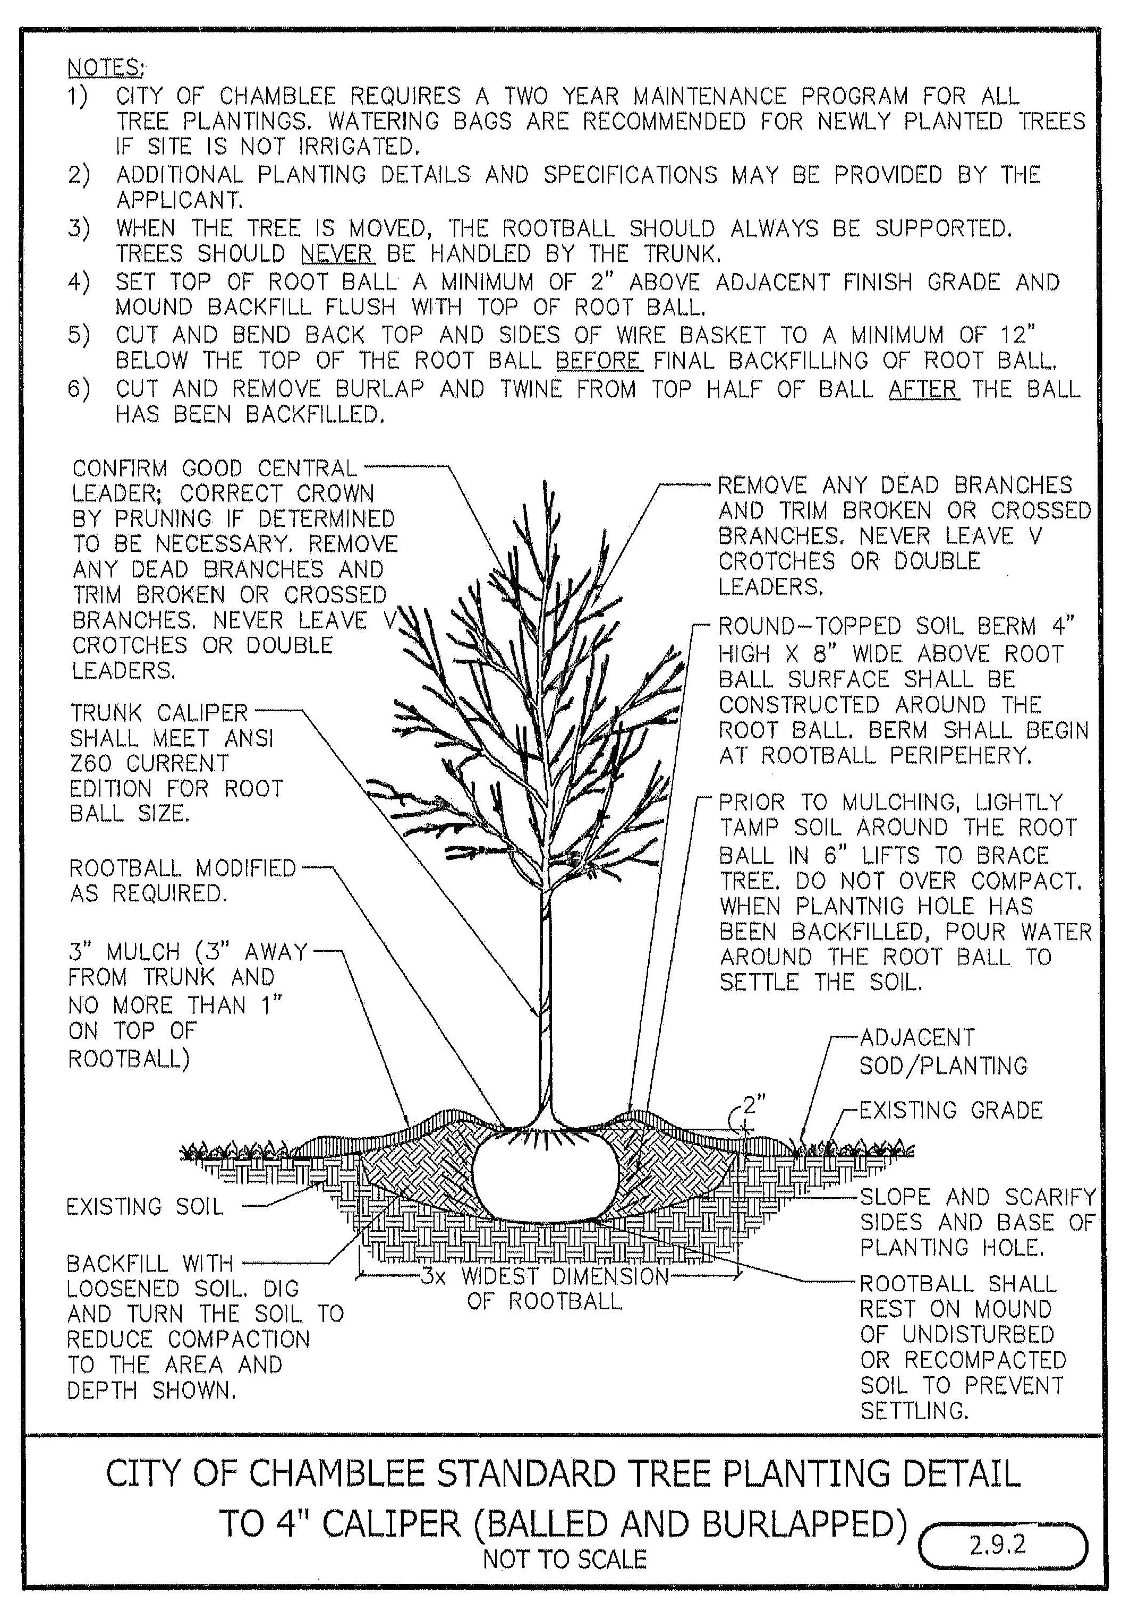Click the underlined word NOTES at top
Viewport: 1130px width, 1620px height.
coord(105,68)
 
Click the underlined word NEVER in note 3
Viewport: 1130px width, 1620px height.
coord(337,253)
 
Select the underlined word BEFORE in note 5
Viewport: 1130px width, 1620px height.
coord(599,361)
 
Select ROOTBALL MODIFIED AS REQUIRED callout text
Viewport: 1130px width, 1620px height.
coord(182,880)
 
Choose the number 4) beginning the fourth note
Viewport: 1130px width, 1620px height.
coord(78,282)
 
